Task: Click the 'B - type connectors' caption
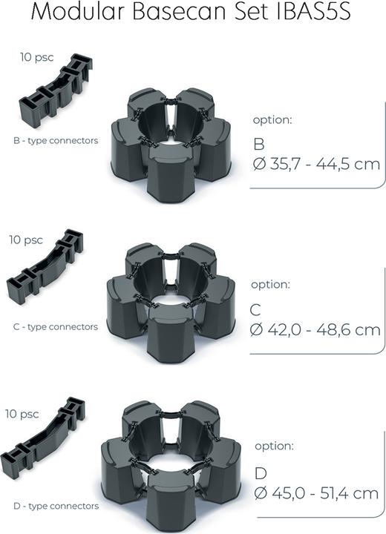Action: (x=56, y=140)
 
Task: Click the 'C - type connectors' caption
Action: (x=56, y=326)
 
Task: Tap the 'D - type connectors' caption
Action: (x=56, y=506)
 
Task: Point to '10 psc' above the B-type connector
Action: (x=36, y=57)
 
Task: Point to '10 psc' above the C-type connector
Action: (x=26, y=240)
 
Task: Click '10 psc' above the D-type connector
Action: (x=22, y=414)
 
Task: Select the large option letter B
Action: (x=259, y=143)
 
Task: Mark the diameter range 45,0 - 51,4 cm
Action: (x=316, y=493)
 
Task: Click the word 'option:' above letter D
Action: (x=274, y=446)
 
